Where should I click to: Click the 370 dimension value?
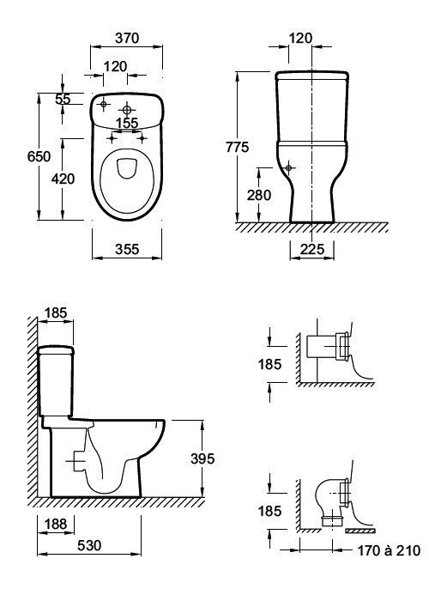(x=127, y=38)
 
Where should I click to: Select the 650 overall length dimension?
(x=39, y=156)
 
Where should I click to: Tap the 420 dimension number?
(x=63, y=179)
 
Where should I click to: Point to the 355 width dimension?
(x=127, y=249)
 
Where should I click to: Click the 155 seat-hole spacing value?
(x=127, y=123)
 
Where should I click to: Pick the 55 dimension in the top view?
(x=63, y=99)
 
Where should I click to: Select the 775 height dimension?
(x=237, y=147)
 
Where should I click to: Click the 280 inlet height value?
(x=259, y=195)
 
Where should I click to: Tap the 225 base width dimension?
(x=312, y=249)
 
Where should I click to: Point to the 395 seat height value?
(x=202, y=458)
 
